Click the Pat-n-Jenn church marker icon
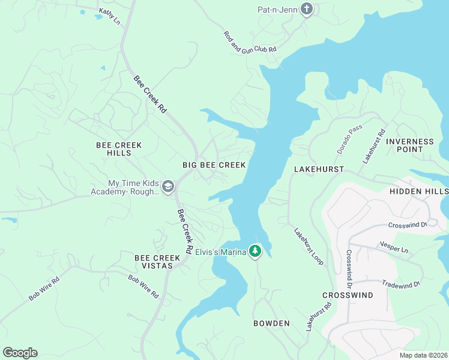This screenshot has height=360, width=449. (307, 10)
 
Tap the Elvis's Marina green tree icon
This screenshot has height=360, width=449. (256, 251)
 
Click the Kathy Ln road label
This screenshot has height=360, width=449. (109, 16)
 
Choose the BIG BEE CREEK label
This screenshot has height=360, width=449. (214, 164)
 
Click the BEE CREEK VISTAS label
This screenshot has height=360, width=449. (157, 262)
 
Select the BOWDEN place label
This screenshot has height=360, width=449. (271, 323)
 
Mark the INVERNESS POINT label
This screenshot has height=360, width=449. (410, 146)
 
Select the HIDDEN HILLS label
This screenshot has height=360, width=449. (418, 191)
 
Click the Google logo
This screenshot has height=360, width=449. (20, 353)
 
